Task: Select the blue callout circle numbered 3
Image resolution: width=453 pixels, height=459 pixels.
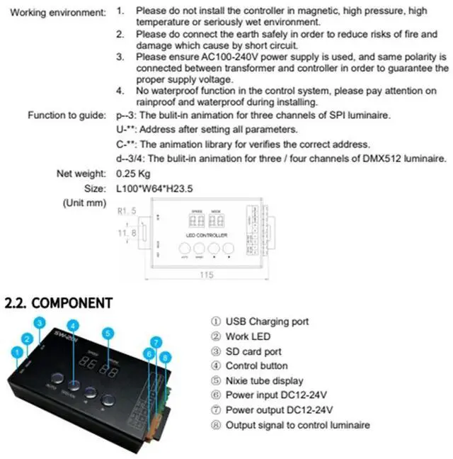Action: coord(40,323)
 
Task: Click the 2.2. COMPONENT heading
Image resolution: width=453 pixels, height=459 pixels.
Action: coord(59,302)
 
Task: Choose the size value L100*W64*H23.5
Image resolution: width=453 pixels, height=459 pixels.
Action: coord(155,188)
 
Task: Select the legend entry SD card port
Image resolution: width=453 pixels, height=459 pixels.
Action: coord(253,351)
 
